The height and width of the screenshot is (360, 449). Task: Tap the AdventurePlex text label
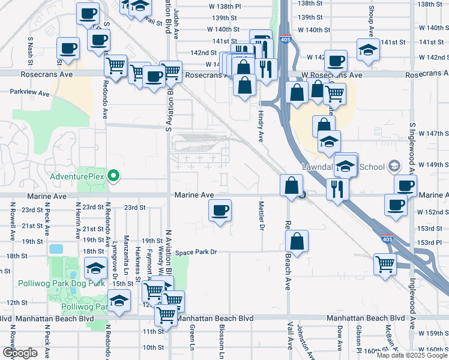[77, 176]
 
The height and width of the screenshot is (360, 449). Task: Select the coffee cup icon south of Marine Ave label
[220, 210]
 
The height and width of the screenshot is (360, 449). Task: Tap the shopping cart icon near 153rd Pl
[385, 263]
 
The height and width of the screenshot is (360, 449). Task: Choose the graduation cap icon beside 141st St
[368, 50]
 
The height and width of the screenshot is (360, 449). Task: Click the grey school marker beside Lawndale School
[394, 165]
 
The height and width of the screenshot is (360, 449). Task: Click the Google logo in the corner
[19, 353]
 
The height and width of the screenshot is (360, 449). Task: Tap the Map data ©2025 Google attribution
[411, 355]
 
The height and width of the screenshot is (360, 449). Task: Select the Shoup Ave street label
[371, 22]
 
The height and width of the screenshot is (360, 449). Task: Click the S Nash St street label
[30, 47]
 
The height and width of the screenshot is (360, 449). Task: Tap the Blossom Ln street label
[221, 342]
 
